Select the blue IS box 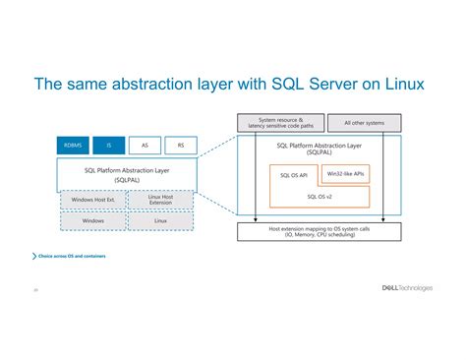pyautogui.click(x=110, y=145)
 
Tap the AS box pyautogui.click(x=146, y=145)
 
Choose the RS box pyautogui.click(x=180, y=145)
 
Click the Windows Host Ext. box pyautogui.click(x=93, y=201)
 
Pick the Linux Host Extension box pyautogui.click(x=160, y=201)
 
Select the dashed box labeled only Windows pyautogui.click(x=93, y=221)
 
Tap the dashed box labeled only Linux pyautogui.click(x=160, y=221)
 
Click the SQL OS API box pyautogui.click(x=293, y=174)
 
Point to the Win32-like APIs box pyautogui.click(x=345, y=174)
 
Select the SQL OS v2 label pyautogui.click(x=320, y=196)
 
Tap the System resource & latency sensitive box pyautogui.click(x=281, y=123)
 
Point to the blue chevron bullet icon pyautogui.click(x=34, y=256)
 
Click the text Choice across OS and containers pyautogui.click(x=73, y=256)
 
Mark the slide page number pyautogui.click(x=35, y=290)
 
